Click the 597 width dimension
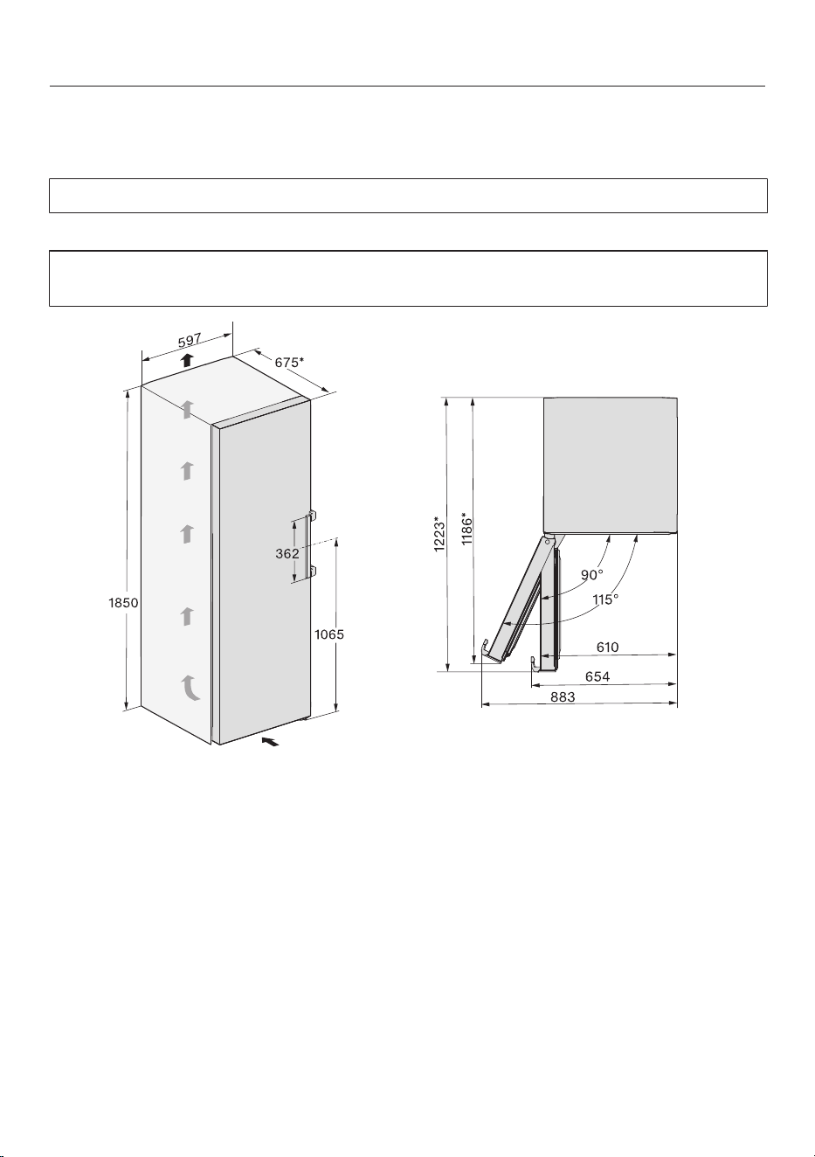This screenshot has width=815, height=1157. click(x=189, y=341)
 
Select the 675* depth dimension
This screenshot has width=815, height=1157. click(x=289, y=362)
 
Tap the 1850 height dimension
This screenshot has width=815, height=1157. click(x=123, y=602)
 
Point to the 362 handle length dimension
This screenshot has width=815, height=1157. click(x=287, y=554)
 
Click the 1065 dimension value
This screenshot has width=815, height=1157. click(x=329, y=634)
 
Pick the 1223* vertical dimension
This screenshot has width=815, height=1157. click(x=439, y=534)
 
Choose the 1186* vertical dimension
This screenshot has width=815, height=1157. click(x=466, y=528)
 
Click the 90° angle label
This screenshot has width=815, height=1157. click(x=592, y=575)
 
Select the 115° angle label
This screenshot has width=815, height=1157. click(x=605, y=599)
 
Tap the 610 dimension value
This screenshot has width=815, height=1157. click(x=607, y=647)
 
